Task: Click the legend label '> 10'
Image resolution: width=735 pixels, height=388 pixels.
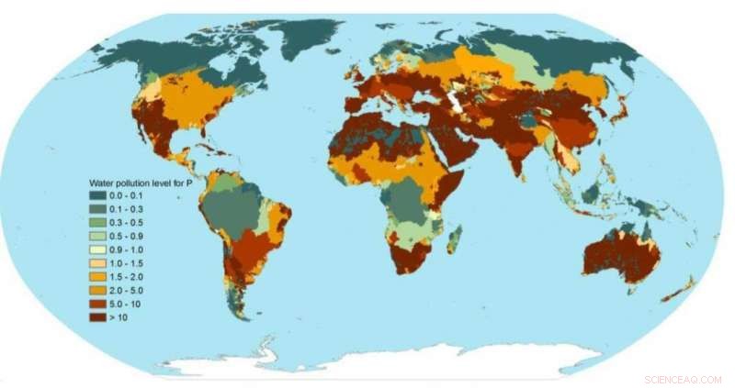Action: [119, 316]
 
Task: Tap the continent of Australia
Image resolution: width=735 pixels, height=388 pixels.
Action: [621, 258]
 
